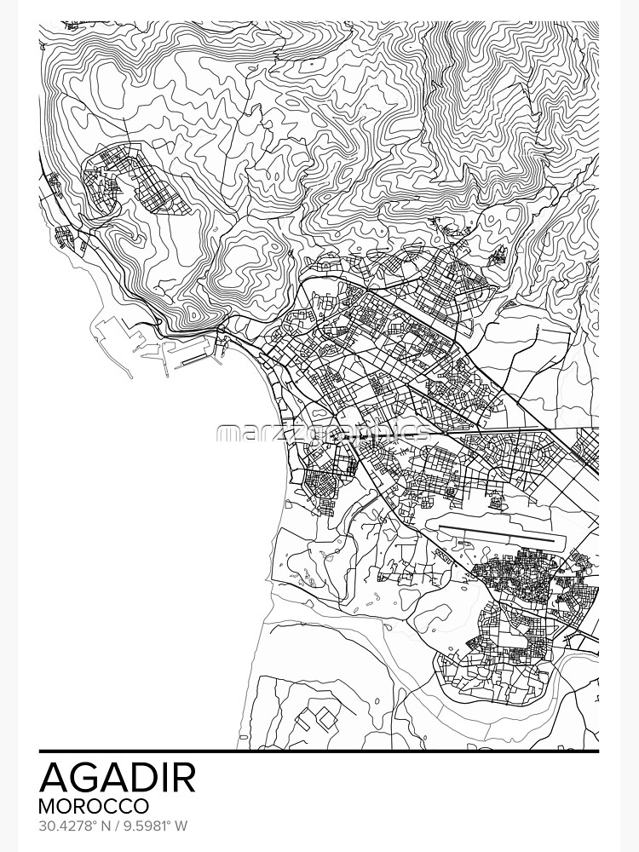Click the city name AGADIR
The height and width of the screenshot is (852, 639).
coord(118,776)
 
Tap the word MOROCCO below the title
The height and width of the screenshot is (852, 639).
coord(94,805)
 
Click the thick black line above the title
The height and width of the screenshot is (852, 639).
coord(319,751)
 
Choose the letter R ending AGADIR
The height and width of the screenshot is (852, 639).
coord(183,776)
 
